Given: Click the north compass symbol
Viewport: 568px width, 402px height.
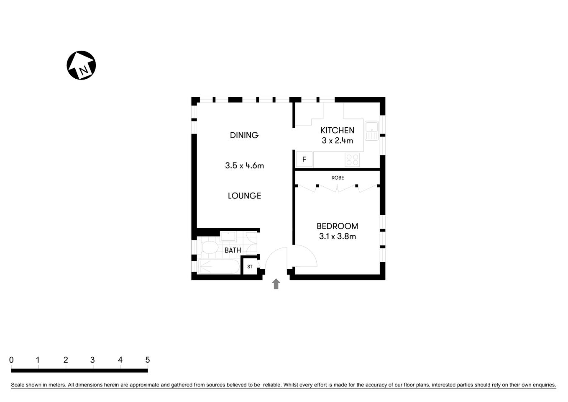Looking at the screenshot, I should pyautogui.click(x=81, y=65).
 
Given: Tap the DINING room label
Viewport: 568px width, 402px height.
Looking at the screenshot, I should pyautogui.click(x=244, y=135).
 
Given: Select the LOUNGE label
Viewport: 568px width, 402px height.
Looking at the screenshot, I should pyautogui.click(x=244, y=196).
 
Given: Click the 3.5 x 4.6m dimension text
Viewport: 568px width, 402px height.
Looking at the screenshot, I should pyautogui.click(x=244, y=165).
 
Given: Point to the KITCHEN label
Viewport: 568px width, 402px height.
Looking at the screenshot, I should pyautogui.click(x=337, y=130).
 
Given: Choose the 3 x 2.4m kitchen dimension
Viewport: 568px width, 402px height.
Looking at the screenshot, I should pyautogui.click(x=337, y=141).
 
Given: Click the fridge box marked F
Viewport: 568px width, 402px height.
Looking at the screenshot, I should pyautogui.click(x=304, y=160).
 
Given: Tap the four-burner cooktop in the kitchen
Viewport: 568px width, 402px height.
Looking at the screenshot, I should pyautogui.click(x=353, y=160).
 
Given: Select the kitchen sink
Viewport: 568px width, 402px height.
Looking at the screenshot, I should pyautogui.click(x=371, y=130).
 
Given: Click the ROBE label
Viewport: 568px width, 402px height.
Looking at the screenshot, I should pyautogui.click(x=338, y=178).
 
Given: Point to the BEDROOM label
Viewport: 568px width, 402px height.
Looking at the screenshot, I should pyautogui.click(x=337, y=226).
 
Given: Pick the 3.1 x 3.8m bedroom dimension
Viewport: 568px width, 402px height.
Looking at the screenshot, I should pyautogui.click(x=337, y=236).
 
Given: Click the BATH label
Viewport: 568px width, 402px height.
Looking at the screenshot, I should pyautogui.click(x=233, y=250).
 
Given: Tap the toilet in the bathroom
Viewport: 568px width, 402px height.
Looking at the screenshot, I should pyautogui.click(x=208, y=249).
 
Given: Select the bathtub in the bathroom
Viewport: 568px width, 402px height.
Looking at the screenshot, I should pyautogui.click(x=218, y=267).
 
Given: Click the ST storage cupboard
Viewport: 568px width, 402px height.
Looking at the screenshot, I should pyautogui.click(x=250, y=267).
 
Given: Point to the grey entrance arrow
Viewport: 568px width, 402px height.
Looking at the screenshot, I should pyautogui.click(x=276, y=284).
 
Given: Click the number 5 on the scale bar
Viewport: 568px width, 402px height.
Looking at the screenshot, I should pyautogui.click(x=147, y=360).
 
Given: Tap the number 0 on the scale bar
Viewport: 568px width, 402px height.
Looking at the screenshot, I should pyautogui.click(x=11, y=360).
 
